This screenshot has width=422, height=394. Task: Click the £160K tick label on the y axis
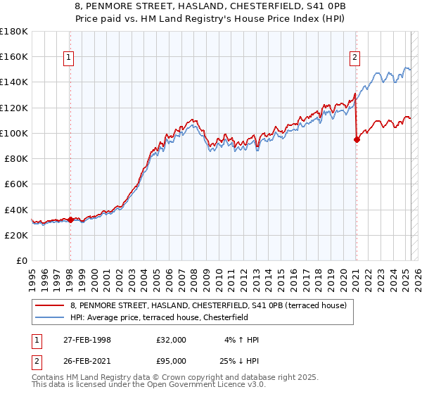pos(14,56)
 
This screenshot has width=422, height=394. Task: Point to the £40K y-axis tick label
pos(16,210)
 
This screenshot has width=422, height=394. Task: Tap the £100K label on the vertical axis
pos(14,133)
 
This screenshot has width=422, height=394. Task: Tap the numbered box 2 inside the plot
pos(355,58)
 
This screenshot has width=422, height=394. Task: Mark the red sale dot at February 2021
pos(357,139)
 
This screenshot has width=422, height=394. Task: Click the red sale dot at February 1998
pos(70,220)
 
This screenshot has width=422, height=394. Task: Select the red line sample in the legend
pos(50,306)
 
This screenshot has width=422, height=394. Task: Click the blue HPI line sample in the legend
pos(50,317)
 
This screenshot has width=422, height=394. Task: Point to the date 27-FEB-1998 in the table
pos(88,340)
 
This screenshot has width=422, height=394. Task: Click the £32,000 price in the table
pos(172,340)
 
